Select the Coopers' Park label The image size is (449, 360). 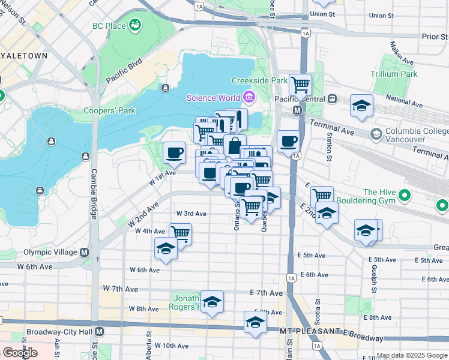110,110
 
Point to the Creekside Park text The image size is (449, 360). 260,80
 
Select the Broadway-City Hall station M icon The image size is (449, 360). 100,331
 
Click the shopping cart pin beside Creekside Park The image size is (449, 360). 300,85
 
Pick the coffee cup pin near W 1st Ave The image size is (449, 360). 175,152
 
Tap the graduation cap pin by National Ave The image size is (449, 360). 361,106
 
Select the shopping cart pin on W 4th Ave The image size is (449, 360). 179,233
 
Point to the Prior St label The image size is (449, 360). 435,36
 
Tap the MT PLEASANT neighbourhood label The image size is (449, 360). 303,331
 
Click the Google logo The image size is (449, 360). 20,352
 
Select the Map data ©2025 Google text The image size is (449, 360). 412,355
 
